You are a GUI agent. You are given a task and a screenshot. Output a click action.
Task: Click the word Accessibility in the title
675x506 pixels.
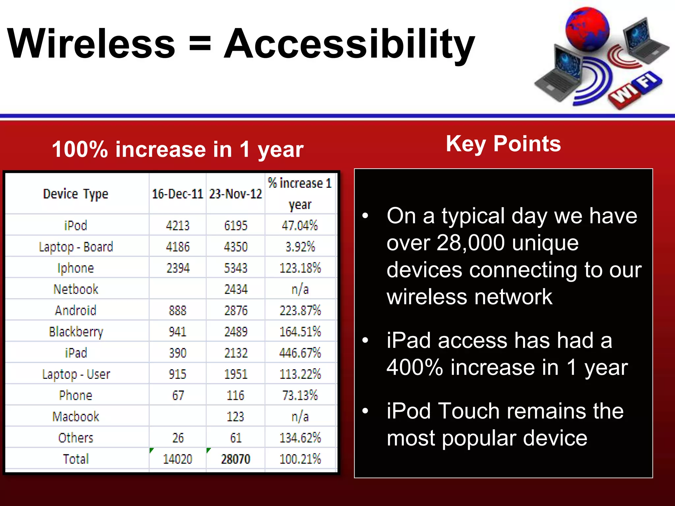point(349,44)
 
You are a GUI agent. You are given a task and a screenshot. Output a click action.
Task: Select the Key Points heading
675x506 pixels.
point(503,144)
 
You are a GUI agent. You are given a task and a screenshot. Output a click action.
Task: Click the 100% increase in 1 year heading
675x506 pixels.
point(178,149)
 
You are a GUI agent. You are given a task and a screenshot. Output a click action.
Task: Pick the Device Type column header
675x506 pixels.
point(75,194)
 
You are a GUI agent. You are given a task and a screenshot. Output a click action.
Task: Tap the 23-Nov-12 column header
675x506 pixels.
point(235,194)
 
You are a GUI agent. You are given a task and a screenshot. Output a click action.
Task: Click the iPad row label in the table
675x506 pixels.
point(76,353)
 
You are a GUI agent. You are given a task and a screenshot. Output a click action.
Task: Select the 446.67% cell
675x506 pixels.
point(300,353)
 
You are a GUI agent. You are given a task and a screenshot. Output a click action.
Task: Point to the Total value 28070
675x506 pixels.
point(235,459)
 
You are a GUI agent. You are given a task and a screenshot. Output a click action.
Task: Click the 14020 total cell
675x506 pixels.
point(177,459)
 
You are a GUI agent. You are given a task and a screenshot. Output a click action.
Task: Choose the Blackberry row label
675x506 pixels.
point(76,332)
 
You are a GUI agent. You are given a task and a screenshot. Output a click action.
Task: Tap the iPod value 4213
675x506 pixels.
point(177,226)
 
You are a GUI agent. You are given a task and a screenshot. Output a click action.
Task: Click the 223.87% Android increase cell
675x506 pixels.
point(300,310)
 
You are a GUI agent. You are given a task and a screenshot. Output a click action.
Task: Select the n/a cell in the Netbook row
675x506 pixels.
point(300,289)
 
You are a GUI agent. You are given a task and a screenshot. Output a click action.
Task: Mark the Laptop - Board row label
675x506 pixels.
point(76,247)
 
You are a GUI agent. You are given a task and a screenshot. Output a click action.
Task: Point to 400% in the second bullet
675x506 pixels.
point(415,368)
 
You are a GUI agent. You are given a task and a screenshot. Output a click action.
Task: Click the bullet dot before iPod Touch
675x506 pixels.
point(365,411)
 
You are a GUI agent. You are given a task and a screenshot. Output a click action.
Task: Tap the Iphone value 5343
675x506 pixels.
point(235,268)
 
